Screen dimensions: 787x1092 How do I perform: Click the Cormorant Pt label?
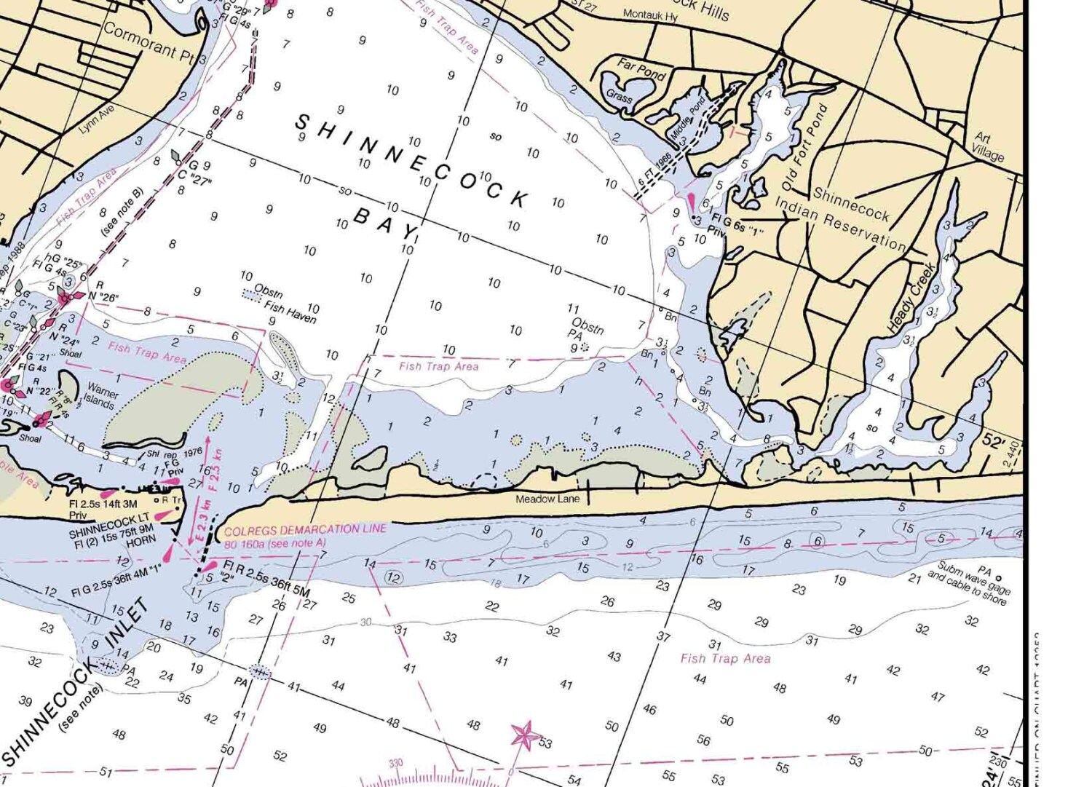click(x=149, y=43)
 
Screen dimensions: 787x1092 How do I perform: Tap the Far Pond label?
click(x=641, y=68)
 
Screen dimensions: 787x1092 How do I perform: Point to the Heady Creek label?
click(x=911, y=298)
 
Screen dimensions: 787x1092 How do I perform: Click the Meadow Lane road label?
click(x=547, y=499)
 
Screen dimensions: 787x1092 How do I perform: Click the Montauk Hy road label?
click(x=650, y=15)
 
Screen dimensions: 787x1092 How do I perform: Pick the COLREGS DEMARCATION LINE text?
click(x=305, y=530)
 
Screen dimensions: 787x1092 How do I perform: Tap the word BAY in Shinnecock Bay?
click(x=385, y=222)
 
